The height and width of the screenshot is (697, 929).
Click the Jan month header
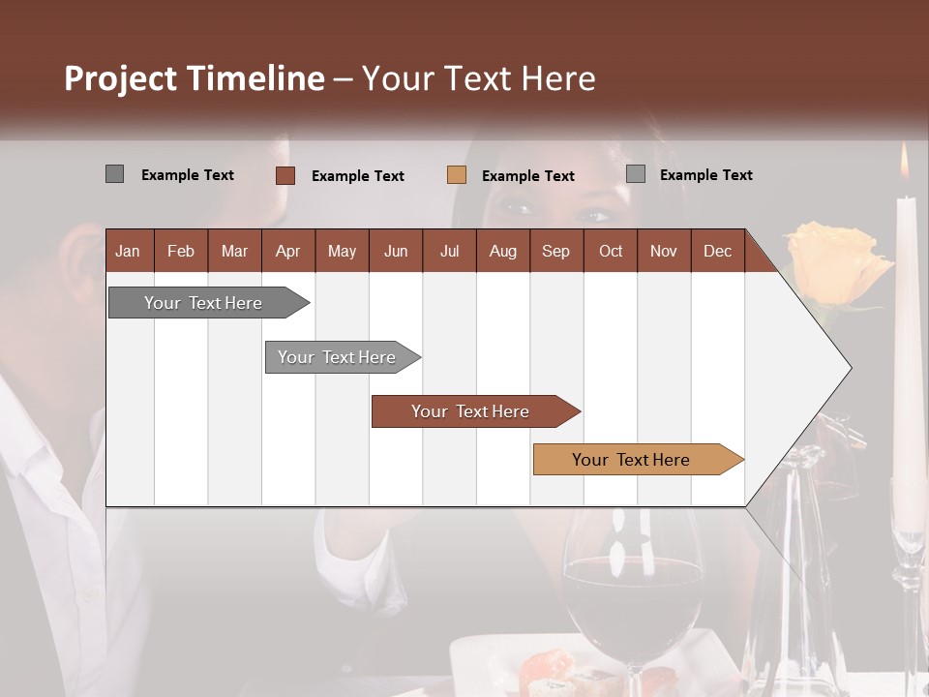[128, 252]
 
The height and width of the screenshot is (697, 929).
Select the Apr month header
[287, 252]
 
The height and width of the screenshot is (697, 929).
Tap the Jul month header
[449, 252]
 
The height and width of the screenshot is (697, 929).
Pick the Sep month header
[555, 252]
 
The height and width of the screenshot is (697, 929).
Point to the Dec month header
[717, 252]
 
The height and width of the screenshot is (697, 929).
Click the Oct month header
[610, 252]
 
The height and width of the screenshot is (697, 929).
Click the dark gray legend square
[114, 174]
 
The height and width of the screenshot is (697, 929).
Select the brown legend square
[285, 175]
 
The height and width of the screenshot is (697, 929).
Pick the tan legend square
[457, 175]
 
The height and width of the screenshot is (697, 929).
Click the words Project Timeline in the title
[195, 78]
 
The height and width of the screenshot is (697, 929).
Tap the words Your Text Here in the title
[479, 78]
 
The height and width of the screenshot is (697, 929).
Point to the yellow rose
[838, 261]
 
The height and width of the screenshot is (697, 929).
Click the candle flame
[905, 163]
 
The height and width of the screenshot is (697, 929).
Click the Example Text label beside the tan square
[527, 176]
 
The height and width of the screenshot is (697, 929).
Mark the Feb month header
[181, 252]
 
